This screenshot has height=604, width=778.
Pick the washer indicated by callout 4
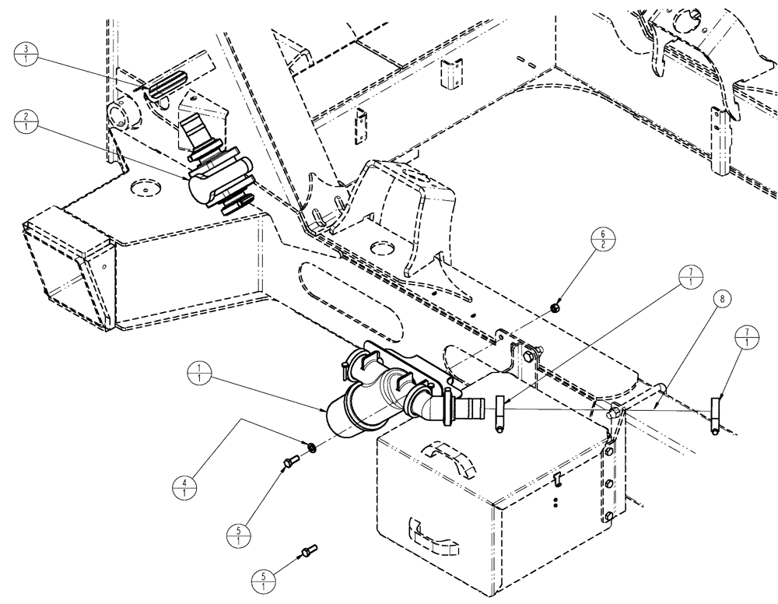(x=310, y=448)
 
